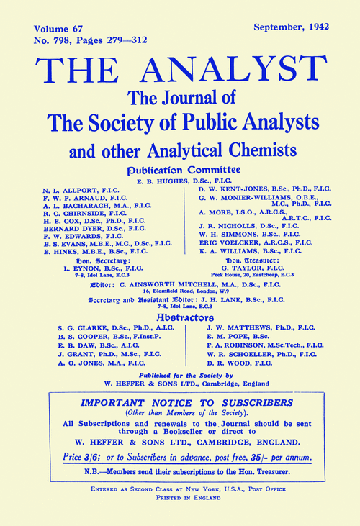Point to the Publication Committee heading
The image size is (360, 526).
coord(179,170)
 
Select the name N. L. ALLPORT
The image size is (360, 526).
coord(71,194)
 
